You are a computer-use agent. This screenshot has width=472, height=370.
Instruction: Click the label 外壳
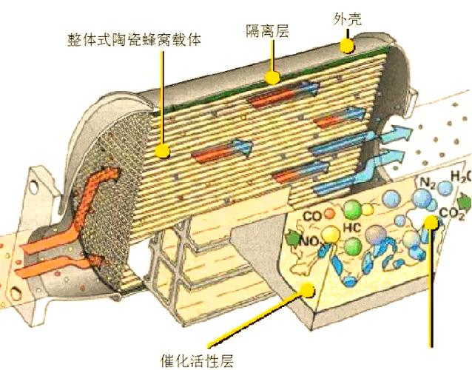(x=347, y=19)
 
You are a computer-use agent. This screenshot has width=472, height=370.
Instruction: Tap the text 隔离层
(x=267, y=31)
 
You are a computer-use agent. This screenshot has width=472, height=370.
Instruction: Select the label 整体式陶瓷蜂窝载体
(x=134, y=40)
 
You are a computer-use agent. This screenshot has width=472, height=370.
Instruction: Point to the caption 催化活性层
(x=198, y=360)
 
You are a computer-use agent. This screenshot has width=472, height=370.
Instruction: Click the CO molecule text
(x=312, y=216)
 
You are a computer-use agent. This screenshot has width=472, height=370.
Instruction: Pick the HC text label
(x=352, y=228)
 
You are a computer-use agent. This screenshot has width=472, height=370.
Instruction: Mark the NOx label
(x=308, y=240)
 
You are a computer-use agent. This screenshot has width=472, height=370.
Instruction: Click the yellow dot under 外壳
(x=348, y=46)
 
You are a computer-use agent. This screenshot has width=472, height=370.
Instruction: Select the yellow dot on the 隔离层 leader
(x=273, y=78)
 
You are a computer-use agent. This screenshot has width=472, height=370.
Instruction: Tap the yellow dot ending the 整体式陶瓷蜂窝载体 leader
(x=163, y=150)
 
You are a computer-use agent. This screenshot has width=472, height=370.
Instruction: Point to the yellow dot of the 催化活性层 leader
(x=308, y=291)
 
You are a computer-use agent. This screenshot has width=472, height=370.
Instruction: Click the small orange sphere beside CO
(x=330, y=213)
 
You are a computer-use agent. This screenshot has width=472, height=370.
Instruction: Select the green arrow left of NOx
(x=292, y=238)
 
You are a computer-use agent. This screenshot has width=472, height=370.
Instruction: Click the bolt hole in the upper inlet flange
(x=34, y=186)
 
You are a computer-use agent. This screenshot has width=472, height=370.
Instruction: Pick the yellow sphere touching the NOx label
(x=330, y=235)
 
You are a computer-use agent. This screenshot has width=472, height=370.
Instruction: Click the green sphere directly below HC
(x=353, y=246)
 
